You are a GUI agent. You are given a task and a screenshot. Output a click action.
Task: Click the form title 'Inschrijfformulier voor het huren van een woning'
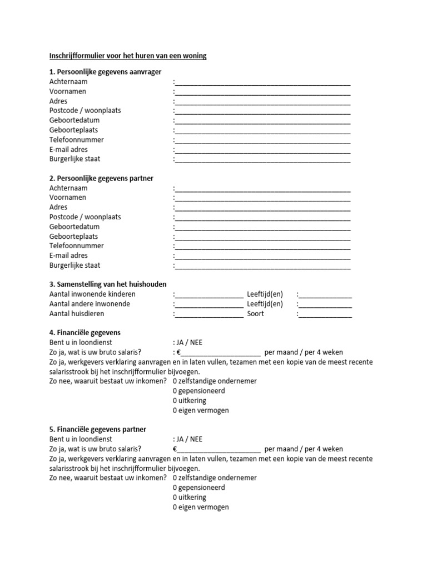[127, 56]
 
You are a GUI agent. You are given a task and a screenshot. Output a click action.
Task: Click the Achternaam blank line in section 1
[262, 82]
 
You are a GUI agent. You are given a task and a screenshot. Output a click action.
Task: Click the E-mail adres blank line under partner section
[262, 257]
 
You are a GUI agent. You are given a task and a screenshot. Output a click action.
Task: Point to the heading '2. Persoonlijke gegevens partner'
[101, 178]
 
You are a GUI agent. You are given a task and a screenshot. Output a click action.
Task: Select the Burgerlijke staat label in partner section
[75, 266]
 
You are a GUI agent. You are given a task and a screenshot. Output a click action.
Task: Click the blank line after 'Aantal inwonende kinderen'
[209, 295]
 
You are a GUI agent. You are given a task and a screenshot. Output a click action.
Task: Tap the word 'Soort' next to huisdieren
[256, 314]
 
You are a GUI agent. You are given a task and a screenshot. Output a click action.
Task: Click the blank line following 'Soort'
[325, 315]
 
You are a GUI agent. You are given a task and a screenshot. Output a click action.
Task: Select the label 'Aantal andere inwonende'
[90, 304]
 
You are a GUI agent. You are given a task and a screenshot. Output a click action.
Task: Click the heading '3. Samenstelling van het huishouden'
[108, 284]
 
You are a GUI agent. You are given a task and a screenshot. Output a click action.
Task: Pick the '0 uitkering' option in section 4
[189, 400]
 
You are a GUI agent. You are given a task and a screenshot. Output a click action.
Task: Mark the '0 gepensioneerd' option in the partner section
[198, 488]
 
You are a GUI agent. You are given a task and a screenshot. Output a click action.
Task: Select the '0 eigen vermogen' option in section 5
[201, 507]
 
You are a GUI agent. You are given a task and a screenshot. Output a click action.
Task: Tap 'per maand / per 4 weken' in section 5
[304, 449]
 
